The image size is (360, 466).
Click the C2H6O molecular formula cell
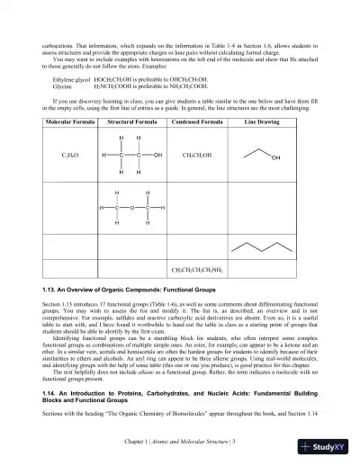point(45,156)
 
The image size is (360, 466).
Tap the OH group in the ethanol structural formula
point(158,156)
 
